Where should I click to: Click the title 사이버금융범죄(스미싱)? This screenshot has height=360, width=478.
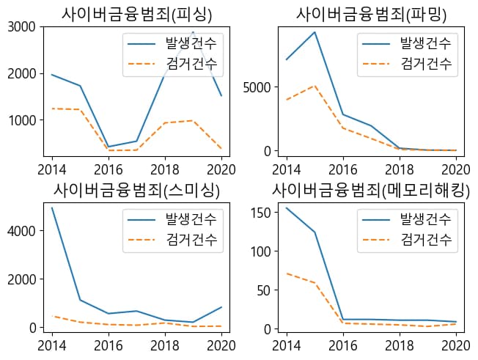pos(136,188)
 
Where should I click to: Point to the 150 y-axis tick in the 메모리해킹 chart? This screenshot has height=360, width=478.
pos(260,213)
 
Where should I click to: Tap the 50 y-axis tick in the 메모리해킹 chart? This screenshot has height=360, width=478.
pos(263,290)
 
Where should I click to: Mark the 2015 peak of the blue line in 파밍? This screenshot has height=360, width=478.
pos(315,32)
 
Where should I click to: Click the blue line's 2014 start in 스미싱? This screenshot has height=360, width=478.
pos(52,208)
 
